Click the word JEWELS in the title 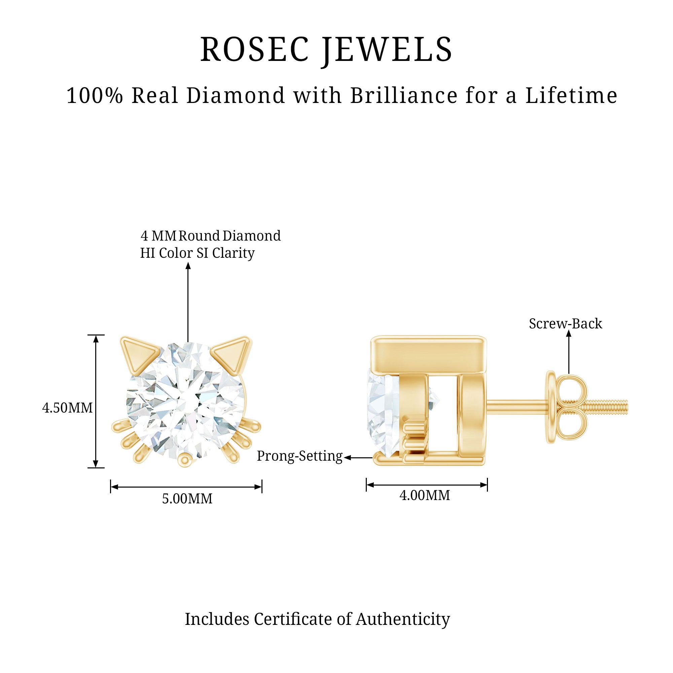(387, 51)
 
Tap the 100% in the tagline (95, 96)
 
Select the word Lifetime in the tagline (571, 96)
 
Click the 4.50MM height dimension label (68, 408)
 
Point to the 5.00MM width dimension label (187, 499)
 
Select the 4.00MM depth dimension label (425, 495)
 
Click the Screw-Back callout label (565, 324)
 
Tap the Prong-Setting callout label (299, 456)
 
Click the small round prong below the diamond (185, 460)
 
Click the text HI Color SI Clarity (197, 253)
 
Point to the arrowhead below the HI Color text (188, 266)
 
